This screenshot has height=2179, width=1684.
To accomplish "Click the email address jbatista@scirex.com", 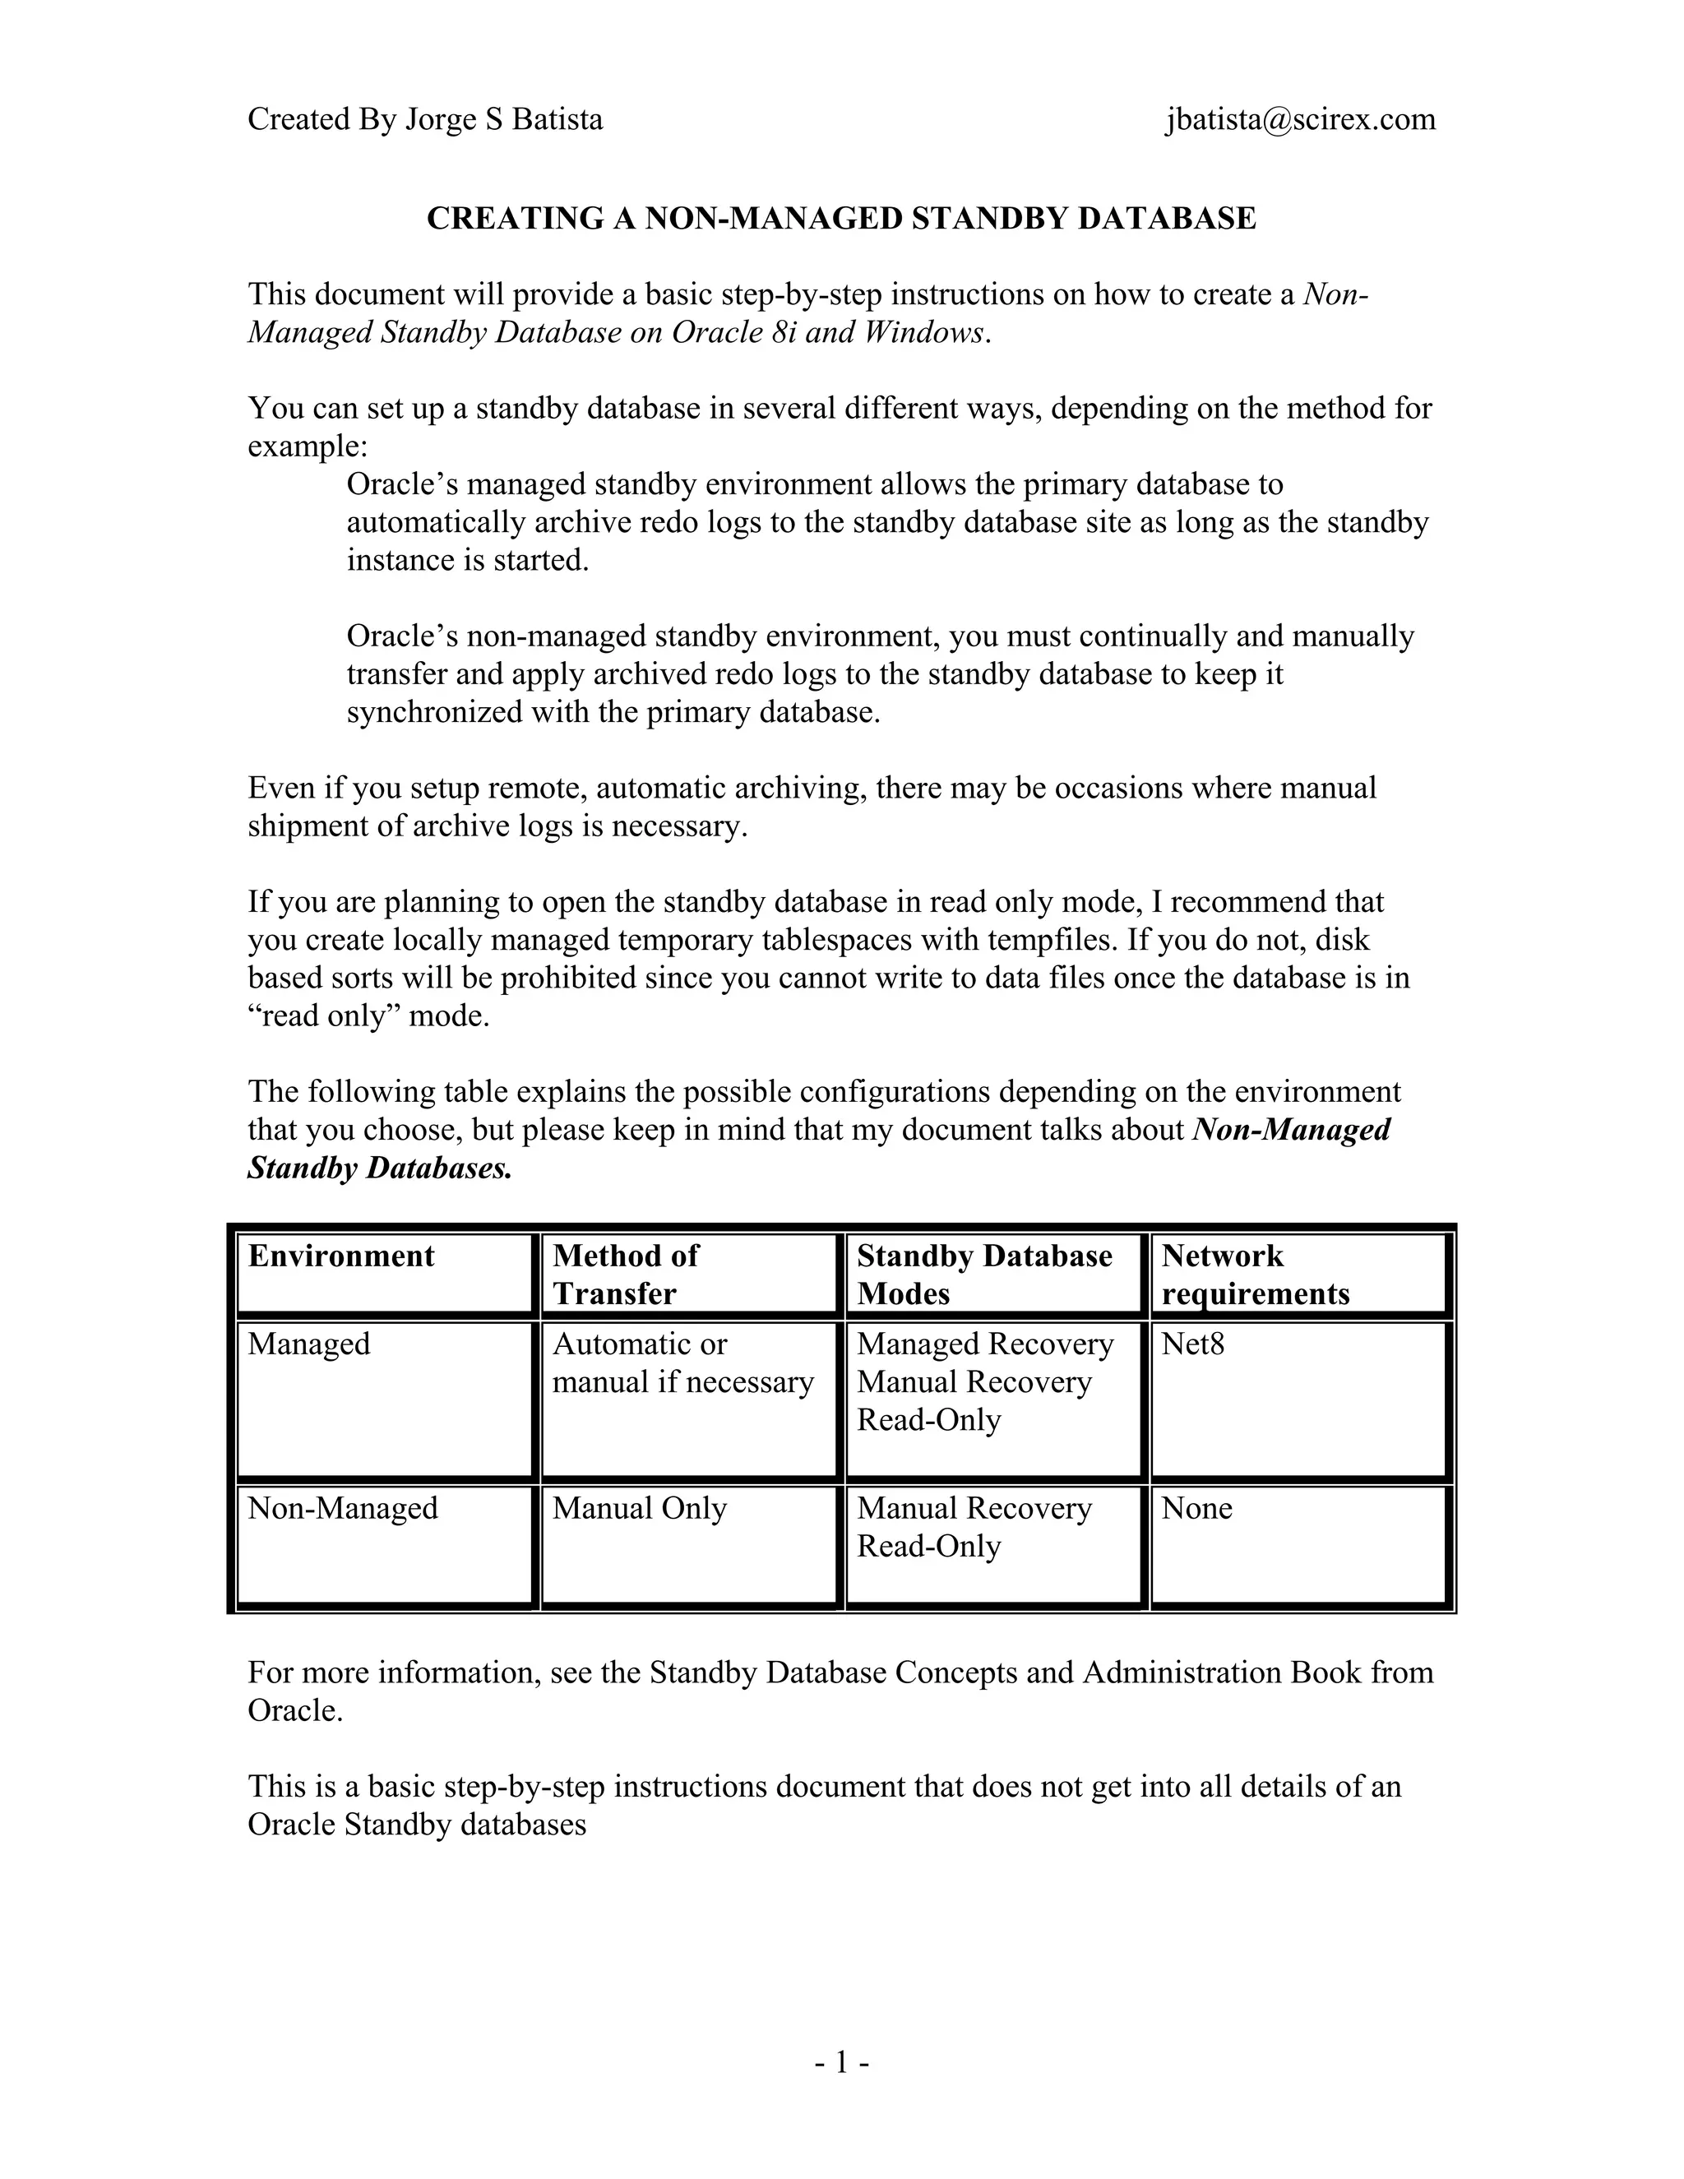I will click(1299, 120).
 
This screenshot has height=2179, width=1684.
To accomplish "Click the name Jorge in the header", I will click(439, 120).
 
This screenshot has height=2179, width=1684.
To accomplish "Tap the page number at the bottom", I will click(841, 2061).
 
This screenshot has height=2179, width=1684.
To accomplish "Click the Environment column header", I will click(341, 1256).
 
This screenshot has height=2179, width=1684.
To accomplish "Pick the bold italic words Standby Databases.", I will click(379, 1168).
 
